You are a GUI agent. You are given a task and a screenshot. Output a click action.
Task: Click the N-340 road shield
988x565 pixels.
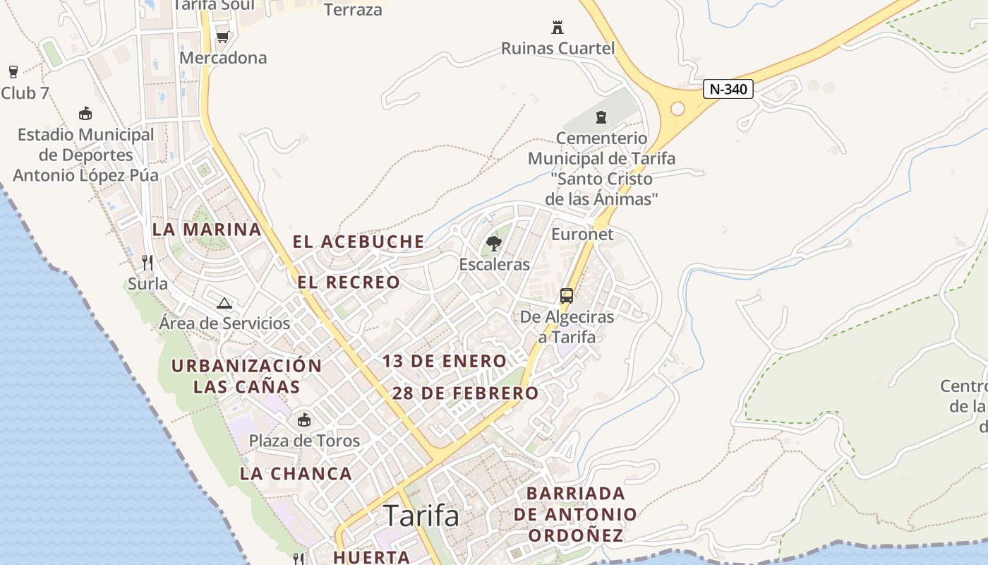pyautogui.click(x=728, y=89)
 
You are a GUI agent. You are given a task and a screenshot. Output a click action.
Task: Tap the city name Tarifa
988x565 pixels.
pyautogui.click(x=421, y=516)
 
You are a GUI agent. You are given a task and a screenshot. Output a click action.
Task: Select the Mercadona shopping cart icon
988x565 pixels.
pyautogui.click(x=223, y=37)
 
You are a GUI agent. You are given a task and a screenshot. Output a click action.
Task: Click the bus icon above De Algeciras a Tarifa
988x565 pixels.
pyautogui.click(x=567, y=296)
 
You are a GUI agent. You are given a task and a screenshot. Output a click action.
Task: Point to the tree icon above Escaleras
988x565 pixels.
pyautogui.click(x=494, y=244)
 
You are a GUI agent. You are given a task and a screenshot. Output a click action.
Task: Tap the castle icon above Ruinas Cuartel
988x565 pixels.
pyautogui.click(x=558, y=28)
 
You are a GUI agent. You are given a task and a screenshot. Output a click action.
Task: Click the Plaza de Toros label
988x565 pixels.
pyautogui.click(x=304, y=441)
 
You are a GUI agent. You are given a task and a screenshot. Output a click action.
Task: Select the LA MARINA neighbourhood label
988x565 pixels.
pyautogui.click(x=207, y=230)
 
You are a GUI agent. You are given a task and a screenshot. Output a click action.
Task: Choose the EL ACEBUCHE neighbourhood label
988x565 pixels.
pyautogui.click(x=359, y=242)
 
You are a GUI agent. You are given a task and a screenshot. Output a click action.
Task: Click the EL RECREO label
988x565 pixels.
pyautogui.click(x=349, y=282)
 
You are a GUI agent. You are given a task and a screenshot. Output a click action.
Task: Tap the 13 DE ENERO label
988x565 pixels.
pyautogui.click(x=445, y=361)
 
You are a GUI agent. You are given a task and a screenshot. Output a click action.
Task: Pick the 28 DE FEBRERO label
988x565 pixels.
pyautogui.click(x=465, y=393)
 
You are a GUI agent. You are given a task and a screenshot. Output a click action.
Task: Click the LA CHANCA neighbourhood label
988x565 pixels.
pyautogui.click(x=296, y=473)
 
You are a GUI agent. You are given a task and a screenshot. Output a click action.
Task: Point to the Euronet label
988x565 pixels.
pyautogui.click(x=582, y=234)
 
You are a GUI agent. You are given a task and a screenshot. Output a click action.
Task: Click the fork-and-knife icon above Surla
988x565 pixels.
pyautogui.click(x=147, y=263)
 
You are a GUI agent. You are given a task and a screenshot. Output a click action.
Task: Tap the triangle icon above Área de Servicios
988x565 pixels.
pyautogui.click(x=224, y=304)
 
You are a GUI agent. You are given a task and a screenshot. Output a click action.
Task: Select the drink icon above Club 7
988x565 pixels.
pyautogui.click(x=13, y=71)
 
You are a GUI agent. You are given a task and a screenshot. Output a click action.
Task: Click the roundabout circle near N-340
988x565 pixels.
pyautogui.click(x=677, y=109)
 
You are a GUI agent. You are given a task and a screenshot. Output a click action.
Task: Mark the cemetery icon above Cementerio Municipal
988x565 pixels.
pyautogui.click(x=601, y=117)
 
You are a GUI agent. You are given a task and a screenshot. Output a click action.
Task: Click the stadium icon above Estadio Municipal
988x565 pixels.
pyautogui.click(x=85, y=113)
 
